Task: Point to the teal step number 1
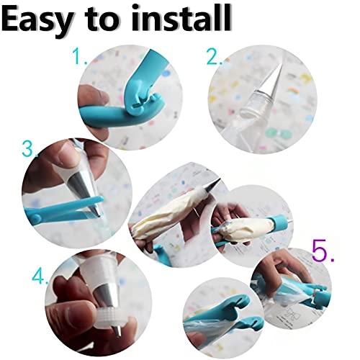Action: (x=79, y=57)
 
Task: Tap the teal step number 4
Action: (x=40, y=275)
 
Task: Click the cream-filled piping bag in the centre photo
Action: (x=169, y=212)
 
